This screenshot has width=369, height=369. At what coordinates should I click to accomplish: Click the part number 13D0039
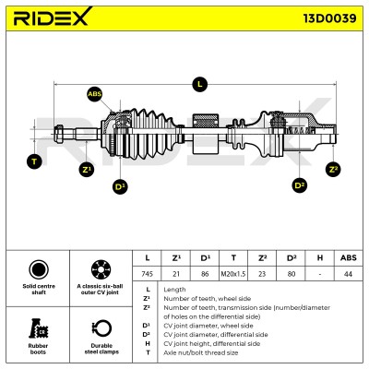(330, 18)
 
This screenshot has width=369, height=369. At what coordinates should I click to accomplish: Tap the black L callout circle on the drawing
(200, 84)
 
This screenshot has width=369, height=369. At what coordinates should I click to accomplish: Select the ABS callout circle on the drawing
(94, 94)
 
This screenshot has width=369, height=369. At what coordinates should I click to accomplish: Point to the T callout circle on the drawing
(34, 161)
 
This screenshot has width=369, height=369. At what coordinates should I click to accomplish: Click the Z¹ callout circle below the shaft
(87, 170)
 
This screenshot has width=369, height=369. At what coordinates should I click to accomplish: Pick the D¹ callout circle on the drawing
(120, 186)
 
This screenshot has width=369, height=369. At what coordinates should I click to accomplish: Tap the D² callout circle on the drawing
(299, 185)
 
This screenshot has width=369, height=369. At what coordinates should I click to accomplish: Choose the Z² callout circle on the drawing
(333, 169)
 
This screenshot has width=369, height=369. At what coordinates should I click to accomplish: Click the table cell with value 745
(147, 274)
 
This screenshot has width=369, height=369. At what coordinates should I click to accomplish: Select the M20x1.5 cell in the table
(233, 274)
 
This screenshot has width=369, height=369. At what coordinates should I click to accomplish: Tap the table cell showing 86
(205, 274)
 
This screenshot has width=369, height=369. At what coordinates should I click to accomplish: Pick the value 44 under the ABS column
(349, 274)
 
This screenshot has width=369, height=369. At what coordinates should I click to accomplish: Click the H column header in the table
(320, 258)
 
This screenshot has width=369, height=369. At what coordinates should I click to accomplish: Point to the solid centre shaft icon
(39, 269)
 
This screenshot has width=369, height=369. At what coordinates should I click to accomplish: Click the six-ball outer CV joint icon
(101, 269)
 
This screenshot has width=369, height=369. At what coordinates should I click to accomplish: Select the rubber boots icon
(39, 328)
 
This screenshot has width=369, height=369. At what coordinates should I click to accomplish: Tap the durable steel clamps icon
(101, 328)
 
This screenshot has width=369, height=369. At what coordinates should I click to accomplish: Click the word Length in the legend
(174, 290)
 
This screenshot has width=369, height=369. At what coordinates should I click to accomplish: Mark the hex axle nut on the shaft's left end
(59, 134)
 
